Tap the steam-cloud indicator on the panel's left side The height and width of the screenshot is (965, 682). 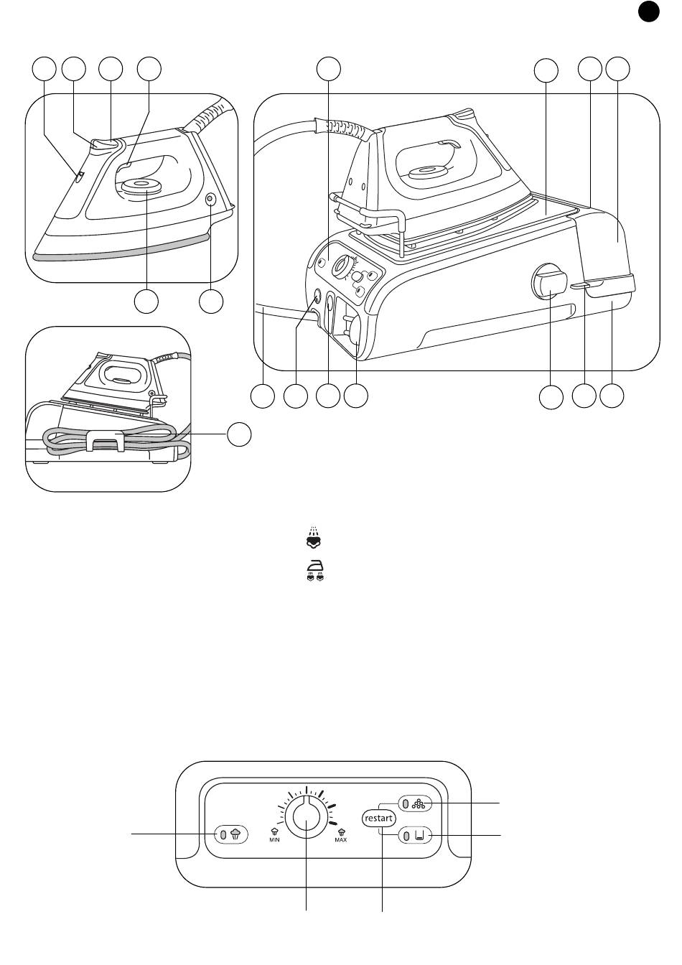click(x=231, y=834)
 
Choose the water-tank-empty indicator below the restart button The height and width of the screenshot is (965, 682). click(x=414, y=836)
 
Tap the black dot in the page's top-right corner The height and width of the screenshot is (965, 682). click(x=648, y=11)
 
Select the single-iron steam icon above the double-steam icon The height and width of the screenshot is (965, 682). click(x=313, y=539)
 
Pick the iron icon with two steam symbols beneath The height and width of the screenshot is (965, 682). click(x=313, y=570)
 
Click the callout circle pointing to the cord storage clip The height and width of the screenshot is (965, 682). click(x=240, y=434)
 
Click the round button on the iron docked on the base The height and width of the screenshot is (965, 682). click(x=423, y=172)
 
